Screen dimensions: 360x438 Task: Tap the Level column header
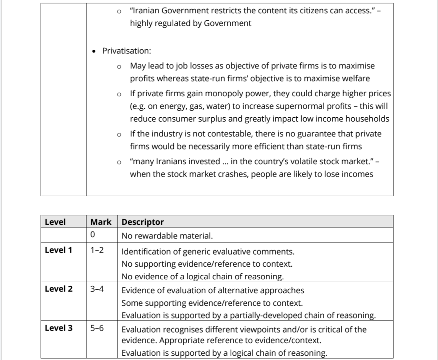[x=55, y=222]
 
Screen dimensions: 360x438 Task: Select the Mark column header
[x=101, y=222]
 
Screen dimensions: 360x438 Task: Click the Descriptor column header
[x=142, y=222]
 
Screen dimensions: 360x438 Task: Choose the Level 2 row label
[x=58, y=289]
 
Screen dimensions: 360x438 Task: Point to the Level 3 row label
[x=58, y=328]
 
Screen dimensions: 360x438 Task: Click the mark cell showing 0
[x=92, y=235]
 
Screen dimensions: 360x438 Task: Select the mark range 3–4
[x=97, y=289]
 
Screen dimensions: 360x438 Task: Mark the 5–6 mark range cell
[x=97, y=328]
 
